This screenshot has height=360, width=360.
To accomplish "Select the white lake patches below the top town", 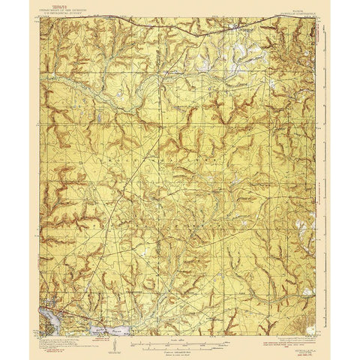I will tap(238, 54).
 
